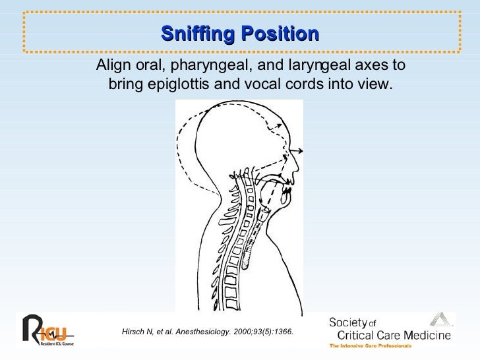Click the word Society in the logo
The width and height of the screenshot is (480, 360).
pyautogui.click(x=347, y=322)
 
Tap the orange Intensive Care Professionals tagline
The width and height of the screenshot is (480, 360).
pyautogui.click(x=371, y=345)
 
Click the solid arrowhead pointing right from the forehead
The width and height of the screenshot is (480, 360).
pyautogui.click(x=301, y=148)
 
